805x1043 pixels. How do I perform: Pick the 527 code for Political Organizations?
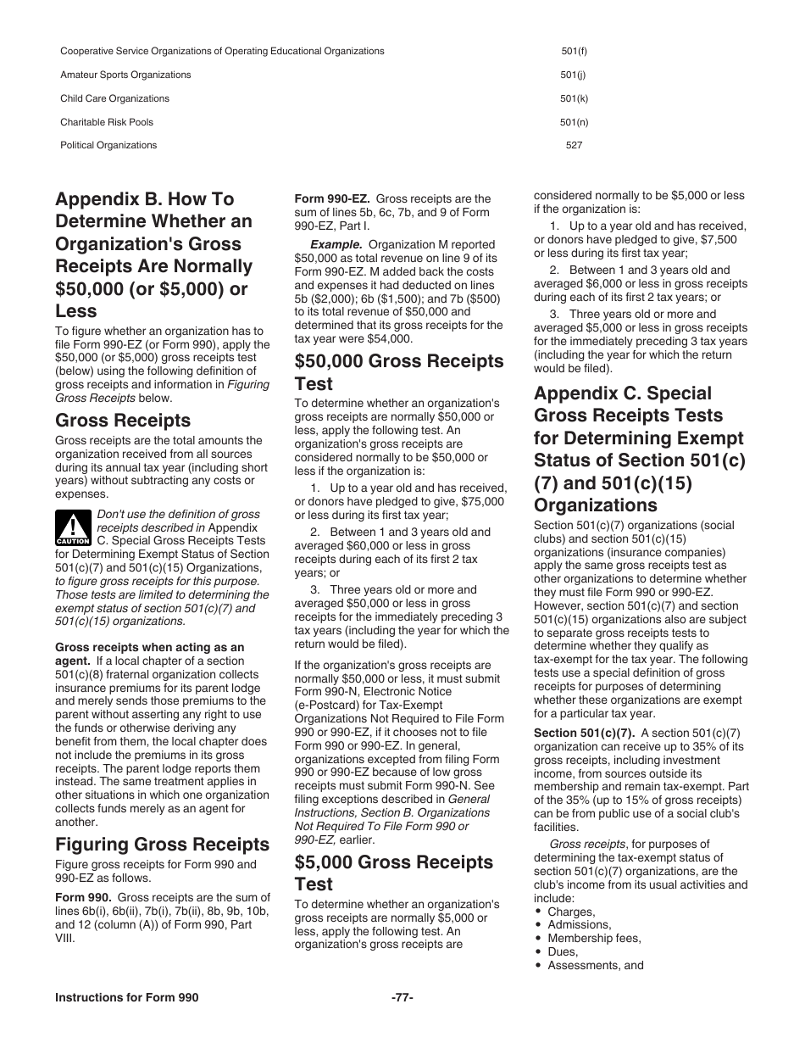coord(574,145)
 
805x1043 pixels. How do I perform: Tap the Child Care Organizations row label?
coord(114,98)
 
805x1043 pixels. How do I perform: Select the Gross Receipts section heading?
coord(123,421)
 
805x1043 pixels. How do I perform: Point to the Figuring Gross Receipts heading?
coord(162,844)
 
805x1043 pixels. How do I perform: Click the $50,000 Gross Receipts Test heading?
coord(398,372)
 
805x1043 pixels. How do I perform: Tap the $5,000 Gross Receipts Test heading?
coord(393,873)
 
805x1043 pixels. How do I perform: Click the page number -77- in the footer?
coord(402,998)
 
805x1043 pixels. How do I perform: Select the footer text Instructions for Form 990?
coord(127,998)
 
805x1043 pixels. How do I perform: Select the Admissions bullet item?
coord(579,924)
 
